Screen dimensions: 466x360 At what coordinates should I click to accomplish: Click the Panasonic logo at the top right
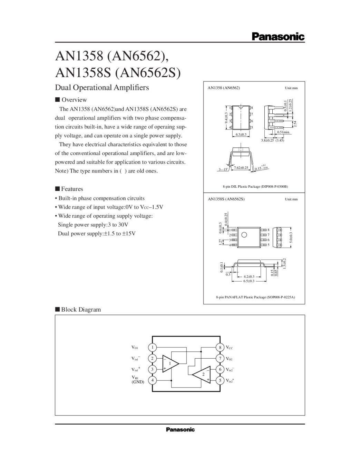(278, 36)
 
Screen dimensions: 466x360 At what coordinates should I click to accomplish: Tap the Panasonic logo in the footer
(180, 429)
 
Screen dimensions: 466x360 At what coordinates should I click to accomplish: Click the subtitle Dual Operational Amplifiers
(102, 87)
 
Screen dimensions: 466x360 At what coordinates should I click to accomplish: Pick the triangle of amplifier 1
(170, 363)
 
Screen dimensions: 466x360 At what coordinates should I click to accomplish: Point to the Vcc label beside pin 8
(229, 348)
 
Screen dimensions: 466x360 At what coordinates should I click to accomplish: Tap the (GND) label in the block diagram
(138, 382)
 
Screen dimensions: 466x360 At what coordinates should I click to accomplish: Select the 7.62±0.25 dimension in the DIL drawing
(241, 168)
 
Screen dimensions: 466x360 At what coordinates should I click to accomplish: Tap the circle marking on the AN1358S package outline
(244, 235)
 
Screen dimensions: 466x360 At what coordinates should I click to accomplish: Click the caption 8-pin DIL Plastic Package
(255, 186)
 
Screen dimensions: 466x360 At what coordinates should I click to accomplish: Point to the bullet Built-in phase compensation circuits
(101, 198)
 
